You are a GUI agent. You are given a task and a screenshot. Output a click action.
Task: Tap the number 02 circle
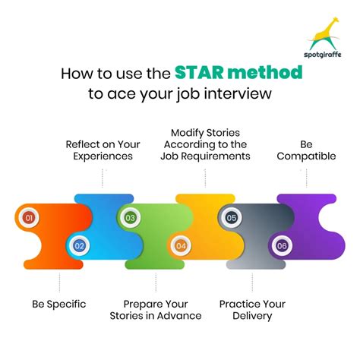[79, 245]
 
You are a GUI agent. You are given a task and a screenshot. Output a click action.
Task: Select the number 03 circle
[130, 219]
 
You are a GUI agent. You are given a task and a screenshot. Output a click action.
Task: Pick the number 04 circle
[181, 245]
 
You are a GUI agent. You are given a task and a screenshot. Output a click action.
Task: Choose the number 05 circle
[231, 219]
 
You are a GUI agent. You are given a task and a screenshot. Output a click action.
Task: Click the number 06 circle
[282, 245]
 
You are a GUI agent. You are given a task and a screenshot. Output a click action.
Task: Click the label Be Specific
[58, 304]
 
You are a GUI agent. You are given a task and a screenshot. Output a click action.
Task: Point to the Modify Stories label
[205, 144]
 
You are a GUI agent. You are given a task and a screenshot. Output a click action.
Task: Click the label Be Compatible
[306, 150]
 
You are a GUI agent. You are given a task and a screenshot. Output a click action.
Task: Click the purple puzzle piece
[311, 220]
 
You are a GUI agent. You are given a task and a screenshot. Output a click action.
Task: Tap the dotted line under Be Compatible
[307, 178]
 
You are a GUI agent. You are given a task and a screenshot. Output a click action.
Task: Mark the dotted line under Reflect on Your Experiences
[104, 178]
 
